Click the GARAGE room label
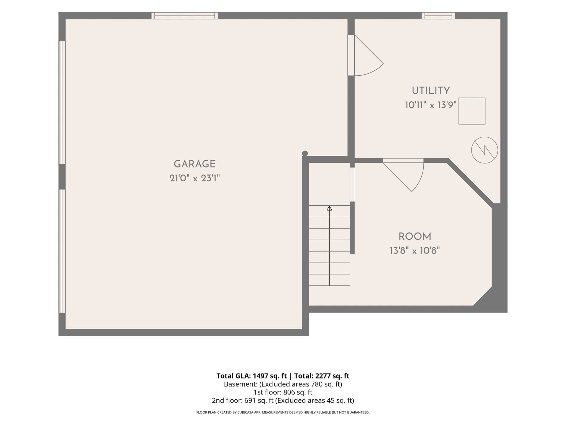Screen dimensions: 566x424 point(195,164)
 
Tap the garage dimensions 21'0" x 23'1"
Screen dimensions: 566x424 point(195,178)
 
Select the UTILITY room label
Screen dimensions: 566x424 point(431,91)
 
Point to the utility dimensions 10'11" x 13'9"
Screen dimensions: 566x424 point(431,105)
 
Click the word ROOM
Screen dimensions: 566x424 point(415,237)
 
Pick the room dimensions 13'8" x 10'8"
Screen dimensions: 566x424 point(415,251)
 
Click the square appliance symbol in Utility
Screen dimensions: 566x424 point(472,111)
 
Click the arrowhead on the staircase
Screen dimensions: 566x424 point(329,208)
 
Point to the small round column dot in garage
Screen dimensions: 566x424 point(305,153)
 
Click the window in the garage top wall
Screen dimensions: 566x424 point(185,16)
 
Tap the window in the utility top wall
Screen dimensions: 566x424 point(438,16)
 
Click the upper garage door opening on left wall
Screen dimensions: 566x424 point(62,102)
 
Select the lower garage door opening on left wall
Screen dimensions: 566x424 point(62,251)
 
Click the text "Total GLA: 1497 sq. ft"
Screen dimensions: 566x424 point(251,376)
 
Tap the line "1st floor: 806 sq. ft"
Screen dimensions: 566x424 point(283,392)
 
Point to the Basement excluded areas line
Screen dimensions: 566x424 point(283,384)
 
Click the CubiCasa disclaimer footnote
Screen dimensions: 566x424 point(283,412)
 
